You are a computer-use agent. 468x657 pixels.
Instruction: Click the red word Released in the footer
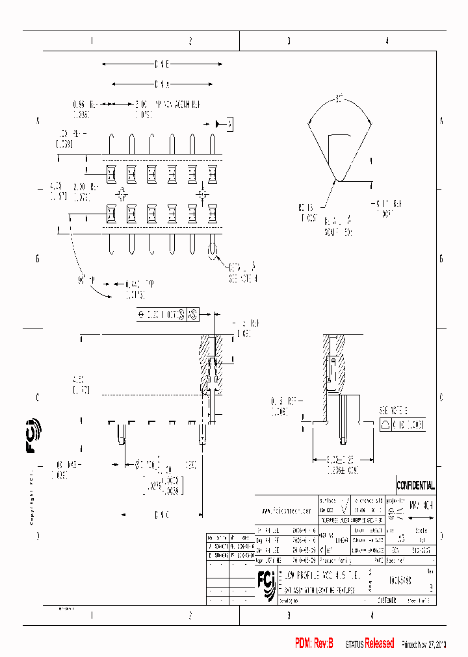(x=379, y=643)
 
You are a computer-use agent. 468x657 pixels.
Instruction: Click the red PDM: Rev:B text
(x=314, y=643)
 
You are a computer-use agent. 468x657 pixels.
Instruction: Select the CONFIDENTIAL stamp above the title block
(x=415, y=486)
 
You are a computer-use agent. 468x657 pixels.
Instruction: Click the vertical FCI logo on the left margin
(x=32, y=443)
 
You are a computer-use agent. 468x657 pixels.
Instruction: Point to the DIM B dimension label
(x=162, y=65)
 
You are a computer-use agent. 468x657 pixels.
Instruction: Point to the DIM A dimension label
(x=162, y=84)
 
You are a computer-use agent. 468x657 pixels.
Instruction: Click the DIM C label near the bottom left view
(x=162, y=515)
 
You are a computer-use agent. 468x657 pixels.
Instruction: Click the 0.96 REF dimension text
(x=81, y=103)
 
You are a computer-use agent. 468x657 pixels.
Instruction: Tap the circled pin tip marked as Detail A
(x=213, y=251)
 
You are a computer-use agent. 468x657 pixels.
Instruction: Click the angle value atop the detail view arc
(x=339, y=98)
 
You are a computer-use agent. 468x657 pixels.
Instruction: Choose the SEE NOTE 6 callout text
(x=394, y=411)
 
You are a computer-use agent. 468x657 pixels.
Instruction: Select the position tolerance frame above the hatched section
(x=167, y=316)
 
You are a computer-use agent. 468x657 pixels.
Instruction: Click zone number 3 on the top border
(x=289, y=41)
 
